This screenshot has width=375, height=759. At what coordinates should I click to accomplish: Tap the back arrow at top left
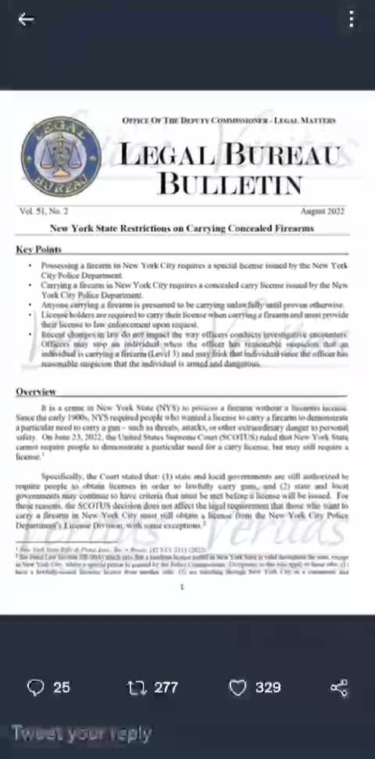(26, 20)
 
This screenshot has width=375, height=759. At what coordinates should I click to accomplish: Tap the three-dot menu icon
(352, 20)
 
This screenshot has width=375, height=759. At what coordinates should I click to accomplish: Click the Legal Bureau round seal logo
(51, 155)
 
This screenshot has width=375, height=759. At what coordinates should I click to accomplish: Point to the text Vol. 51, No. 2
(44, 212)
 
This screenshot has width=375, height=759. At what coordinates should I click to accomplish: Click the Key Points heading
(38, 249)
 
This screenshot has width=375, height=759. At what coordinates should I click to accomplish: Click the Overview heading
(36, 390)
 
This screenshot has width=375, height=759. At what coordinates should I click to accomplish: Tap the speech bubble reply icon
(35, 687)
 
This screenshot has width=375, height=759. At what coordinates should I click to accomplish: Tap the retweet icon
(136, 687)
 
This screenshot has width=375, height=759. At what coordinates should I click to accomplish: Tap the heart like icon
(237, 687)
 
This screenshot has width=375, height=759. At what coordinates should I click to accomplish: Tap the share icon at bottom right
(338, 687)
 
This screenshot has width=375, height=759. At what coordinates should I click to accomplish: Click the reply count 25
(62, 687)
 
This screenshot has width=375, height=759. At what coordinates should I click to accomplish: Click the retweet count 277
(166, 687)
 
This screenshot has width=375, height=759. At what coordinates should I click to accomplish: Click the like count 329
(268, 687)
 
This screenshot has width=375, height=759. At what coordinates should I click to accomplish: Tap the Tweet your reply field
(81, 734)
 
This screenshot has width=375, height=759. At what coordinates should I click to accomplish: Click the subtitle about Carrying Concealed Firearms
(182, 228)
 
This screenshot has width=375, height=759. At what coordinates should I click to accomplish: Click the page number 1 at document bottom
(182, 586)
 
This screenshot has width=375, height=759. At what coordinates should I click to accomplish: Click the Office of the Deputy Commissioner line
(229, 120)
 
